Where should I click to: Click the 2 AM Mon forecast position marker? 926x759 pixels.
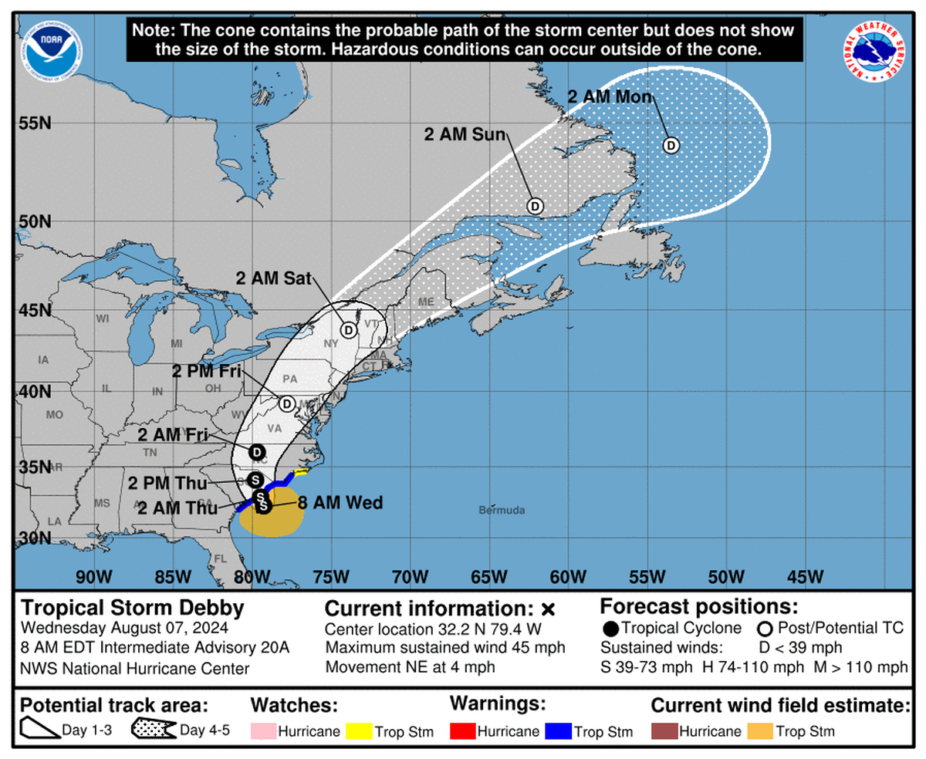point(671,145)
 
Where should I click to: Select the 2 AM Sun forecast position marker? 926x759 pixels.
point(535,206)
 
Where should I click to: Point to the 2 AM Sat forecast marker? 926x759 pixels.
point(349,330)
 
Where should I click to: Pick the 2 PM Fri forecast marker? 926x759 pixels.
point(286,403)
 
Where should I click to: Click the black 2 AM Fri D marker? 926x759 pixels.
point(257,452)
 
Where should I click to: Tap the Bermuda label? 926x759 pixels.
point(502,511)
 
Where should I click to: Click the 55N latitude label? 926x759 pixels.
point(35,123)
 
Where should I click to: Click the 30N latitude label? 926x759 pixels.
point(35,538)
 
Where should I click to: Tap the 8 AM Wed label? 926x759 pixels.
point(340,503)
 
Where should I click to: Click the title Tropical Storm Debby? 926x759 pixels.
point(133,608)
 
